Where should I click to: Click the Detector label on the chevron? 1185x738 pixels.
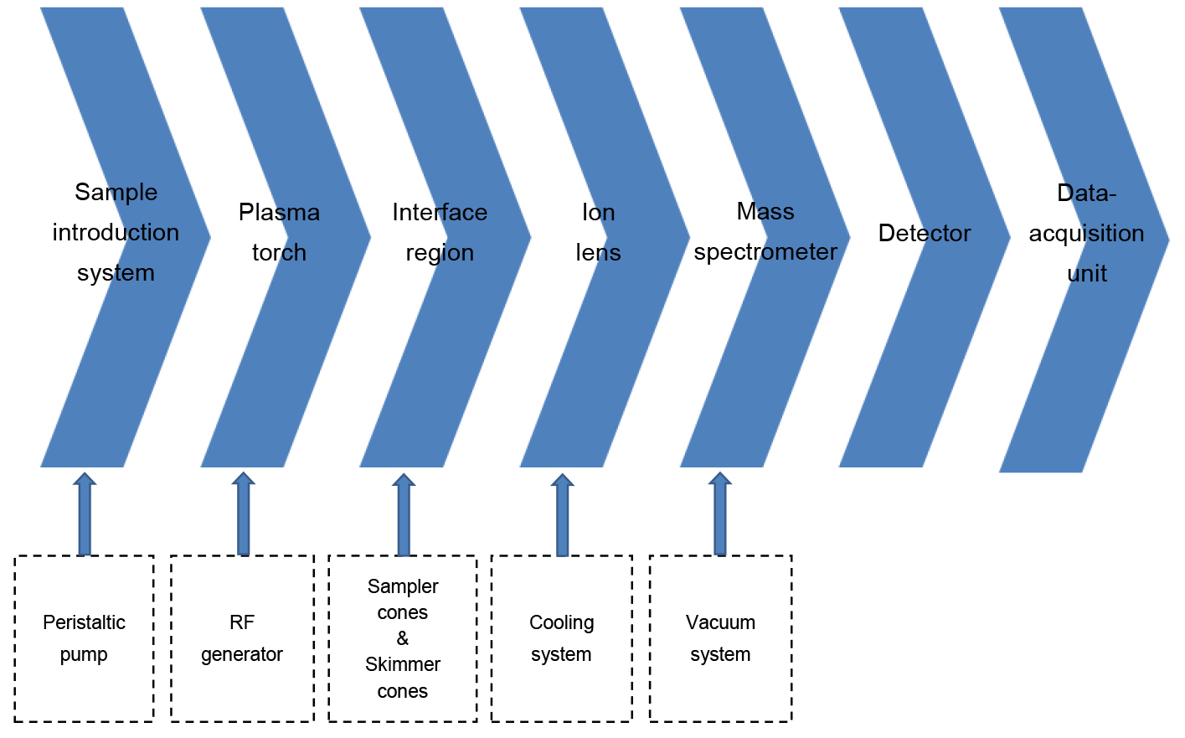[925, 233]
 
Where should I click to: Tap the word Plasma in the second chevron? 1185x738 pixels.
[279, 212]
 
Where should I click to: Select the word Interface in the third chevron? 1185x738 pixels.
[440, 212]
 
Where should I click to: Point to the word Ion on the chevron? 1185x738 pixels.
[598, 213]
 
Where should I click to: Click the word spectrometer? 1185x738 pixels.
[765, 251]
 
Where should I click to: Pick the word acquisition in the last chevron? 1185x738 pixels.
[1086, 233]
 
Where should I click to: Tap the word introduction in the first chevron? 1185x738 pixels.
[116, 232]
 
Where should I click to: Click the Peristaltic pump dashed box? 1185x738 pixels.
[84, 638]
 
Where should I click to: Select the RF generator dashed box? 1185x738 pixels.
[242, 638]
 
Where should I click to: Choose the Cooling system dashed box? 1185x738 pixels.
[561, 638]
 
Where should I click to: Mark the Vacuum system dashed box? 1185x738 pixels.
[720, 638]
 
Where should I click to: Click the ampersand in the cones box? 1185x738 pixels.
[403, 638]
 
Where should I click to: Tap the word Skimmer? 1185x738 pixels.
[403, 664]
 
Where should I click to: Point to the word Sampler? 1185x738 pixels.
[403, 586]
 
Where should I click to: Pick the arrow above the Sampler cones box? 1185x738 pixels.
[404, 514]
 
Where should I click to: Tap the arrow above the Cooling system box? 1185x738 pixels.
[562, 514]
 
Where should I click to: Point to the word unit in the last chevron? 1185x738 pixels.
[1087, 273]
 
